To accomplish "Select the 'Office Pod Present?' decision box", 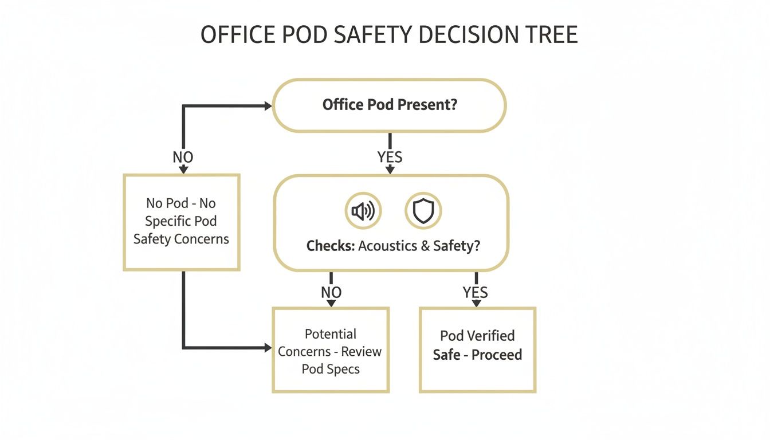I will tap(390, 105).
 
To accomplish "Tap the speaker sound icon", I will tap(363, 211).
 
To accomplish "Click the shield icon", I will tap(423, 211).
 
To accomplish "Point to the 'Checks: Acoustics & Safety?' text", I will tap(393, 246).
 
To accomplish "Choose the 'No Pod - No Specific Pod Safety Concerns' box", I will tap(181, 222).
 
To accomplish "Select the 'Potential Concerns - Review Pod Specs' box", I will tap(331, 351).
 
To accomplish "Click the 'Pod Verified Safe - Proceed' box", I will tap(477, 349).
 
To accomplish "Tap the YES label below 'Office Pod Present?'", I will tap(390, 157).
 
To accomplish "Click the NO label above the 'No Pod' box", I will tap(183, 157).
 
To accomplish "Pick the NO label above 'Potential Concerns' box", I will tap(331, 292).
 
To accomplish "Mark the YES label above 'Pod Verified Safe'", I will tap(475, 292).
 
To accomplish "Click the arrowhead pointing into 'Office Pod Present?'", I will tap(267, 105).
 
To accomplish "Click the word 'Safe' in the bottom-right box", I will tap(447, 355).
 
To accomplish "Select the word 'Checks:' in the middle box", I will tap(331, 246).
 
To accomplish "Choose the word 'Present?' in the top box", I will tap(431, 105).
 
